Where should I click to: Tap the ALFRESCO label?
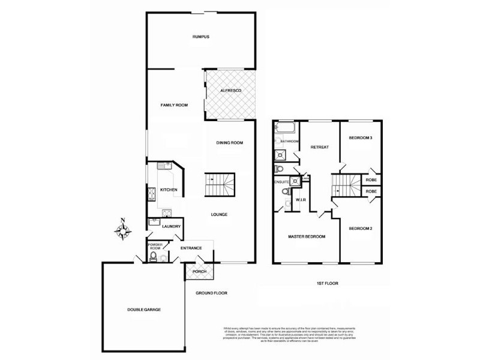[230, 90]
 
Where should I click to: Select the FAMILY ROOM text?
[174, 105]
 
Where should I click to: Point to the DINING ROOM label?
[229, 142]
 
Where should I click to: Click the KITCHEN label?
[169, 190]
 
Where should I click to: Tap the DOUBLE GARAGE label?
[143, 309]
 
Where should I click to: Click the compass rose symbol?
[122, 230]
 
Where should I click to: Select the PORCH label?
[199, 272]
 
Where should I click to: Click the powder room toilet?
[155, 258]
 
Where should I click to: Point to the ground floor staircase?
[220, 184]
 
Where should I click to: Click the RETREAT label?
[319, 147]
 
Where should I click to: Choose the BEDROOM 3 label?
[361, 138]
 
